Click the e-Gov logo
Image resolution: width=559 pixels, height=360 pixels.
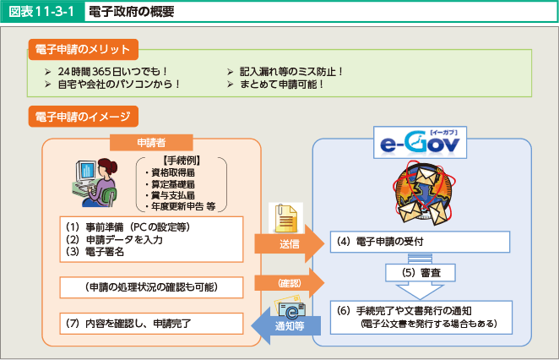(x=420, y=142)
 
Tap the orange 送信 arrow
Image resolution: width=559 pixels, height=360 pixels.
(x=289, y=244)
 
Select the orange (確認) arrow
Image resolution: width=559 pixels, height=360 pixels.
(x=289, y=283)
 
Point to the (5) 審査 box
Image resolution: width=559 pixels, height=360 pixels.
(x=421, y=273)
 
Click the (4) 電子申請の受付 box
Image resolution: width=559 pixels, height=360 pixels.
(x=420, y=242)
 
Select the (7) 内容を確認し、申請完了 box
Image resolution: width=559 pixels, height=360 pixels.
(x=151, y=324)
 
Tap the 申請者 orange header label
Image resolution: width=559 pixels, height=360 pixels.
(x=151, y=143)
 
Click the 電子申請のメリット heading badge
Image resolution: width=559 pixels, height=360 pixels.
(x=84, y=49)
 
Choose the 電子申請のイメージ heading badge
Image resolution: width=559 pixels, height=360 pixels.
(x=84, y=117)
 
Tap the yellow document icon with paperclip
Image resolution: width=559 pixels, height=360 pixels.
(x=286, y=218)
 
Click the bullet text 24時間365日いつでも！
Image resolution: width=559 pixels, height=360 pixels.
(x=112, y=72)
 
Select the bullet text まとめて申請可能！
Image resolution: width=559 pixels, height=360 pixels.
(x=282, y=85)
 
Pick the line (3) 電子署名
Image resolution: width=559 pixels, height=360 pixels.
(x=95, y=252)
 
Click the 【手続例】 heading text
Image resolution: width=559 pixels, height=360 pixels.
(x=182, y=161)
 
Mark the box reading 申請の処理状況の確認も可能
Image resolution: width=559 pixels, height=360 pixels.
(x=151, y=287)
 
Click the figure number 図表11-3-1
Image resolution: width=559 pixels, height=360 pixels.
(x=41, y=12)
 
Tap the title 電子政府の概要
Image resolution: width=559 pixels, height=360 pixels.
(x=131, y=12)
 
